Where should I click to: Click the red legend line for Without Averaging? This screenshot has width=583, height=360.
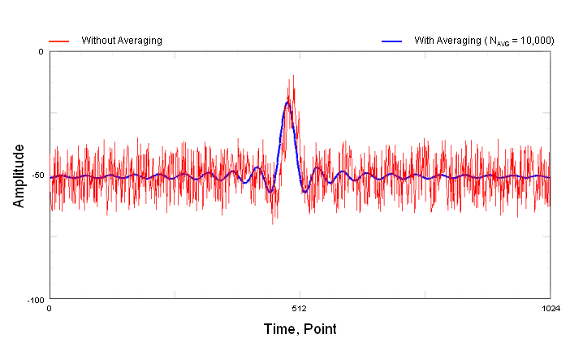coord(58,40)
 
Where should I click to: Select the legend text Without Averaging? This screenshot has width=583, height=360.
coord(122,40)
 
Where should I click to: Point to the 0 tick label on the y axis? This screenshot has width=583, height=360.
coord(41,52)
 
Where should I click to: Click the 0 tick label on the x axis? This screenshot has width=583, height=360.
coord(50,309)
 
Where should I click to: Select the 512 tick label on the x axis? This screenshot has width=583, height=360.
coord(300,309)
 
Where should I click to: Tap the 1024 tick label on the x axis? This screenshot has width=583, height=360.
coord(551,309)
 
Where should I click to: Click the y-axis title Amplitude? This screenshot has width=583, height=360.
coord(19,176)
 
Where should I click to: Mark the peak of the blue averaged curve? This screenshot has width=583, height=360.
coord(287,102)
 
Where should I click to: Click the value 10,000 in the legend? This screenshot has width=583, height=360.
coord(531,40)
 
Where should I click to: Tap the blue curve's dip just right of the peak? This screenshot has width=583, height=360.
coord(304,191)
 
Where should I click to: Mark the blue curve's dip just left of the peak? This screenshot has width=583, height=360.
coord(270,191)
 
